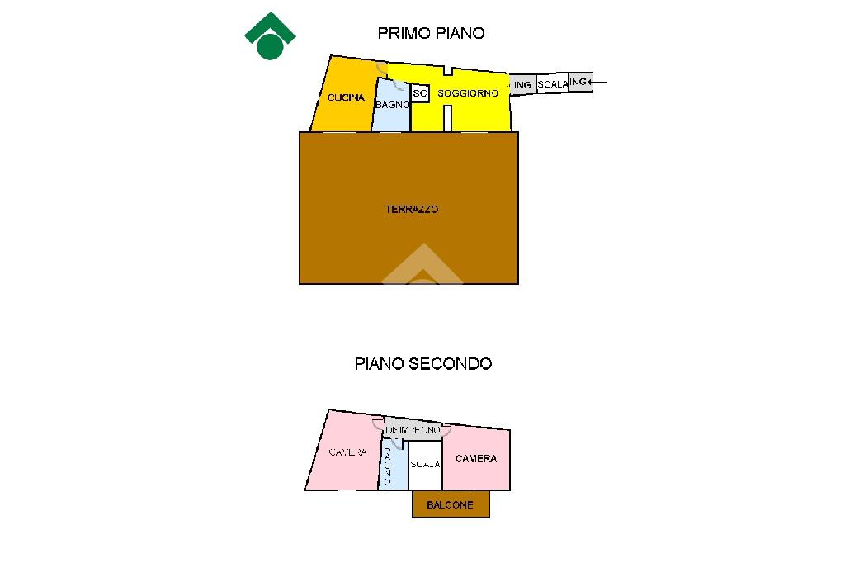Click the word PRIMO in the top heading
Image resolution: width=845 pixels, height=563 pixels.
coord(402,33)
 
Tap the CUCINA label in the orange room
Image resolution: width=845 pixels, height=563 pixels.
coord(346,97)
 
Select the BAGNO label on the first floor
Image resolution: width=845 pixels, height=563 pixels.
coord(391,105)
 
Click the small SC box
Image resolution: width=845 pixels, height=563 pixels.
coord(419,94)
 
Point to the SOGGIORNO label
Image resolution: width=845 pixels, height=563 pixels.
coord(468,93)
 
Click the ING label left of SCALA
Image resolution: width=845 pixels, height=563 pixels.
coord(522,85)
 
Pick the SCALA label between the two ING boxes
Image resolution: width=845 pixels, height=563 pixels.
coord(552,84)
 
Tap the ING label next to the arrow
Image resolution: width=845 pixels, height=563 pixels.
coord(578,82)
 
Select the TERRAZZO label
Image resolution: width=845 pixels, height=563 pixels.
coord(412,210)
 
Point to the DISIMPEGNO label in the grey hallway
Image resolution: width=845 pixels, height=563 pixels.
coord(413,430)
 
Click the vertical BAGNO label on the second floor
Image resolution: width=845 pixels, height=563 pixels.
coord(387,465)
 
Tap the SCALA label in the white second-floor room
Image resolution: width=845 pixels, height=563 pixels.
coord(425,464)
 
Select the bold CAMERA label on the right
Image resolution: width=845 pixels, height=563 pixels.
coord(476,458)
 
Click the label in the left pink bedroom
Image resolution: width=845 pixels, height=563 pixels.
coord(347,452)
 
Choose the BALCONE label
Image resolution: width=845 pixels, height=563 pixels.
coord(450,504)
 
